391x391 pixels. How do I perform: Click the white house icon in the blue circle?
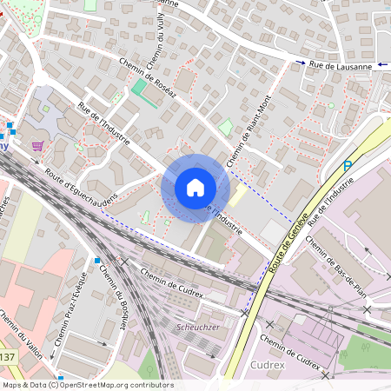tap(195, 188)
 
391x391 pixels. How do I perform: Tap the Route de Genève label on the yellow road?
tap(288, 239)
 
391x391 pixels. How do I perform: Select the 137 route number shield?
tap(7, 357)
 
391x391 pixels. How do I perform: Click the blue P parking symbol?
tap(348, 166)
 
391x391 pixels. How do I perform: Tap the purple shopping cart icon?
tap(37, 146)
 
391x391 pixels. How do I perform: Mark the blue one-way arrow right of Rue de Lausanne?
tap(383, 64)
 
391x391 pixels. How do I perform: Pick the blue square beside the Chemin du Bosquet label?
tap(97, 261)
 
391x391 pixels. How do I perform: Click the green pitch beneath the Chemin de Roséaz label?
tap(140, 89)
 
